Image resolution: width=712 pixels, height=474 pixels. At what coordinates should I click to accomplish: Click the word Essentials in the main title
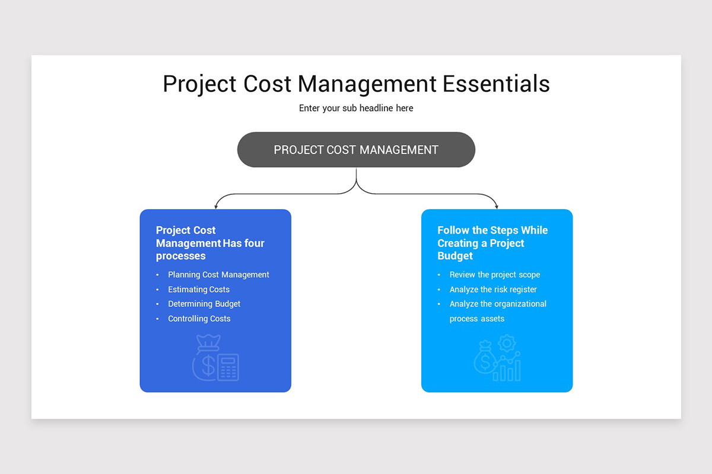[x=496, y=84]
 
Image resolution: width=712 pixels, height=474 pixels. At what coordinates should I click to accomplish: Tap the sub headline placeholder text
[x=356, y=108]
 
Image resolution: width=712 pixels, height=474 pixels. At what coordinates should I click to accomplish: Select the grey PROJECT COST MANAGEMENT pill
[x=356, y=149]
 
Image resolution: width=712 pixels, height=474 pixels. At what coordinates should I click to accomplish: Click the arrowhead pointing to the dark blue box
[x=216, y=206]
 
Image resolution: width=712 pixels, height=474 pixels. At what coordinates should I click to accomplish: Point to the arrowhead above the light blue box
[x=497, y=206]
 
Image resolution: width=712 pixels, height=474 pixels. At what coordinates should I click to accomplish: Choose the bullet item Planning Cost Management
[x=218, y=275]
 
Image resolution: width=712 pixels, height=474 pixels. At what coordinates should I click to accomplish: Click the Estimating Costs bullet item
[x=199, y=290]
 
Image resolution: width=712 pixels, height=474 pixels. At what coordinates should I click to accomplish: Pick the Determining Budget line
[x=204, y=304]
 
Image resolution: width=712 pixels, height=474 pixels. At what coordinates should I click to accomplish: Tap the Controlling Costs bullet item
[x=199, y=319]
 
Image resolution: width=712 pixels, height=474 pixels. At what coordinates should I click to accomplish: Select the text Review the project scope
[x=495, y=275]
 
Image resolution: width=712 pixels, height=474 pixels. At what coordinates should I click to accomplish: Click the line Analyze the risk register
[x=493, y=290]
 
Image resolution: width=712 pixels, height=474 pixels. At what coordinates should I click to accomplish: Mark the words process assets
[x=477, y=319]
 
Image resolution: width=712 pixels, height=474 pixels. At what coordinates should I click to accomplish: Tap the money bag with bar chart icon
[x=497, y=363]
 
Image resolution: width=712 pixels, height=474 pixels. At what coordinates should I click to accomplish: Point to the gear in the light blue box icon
[x=507, y=343]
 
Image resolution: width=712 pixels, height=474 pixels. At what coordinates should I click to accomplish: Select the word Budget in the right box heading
[x=455, y=256]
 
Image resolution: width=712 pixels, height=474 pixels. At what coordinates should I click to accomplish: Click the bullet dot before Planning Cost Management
[x=158, y=275]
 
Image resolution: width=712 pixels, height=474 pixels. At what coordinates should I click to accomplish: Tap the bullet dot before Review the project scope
[x=439, y=275]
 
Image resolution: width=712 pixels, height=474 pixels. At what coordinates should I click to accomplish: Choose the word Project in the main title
[x=199, y=85]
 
